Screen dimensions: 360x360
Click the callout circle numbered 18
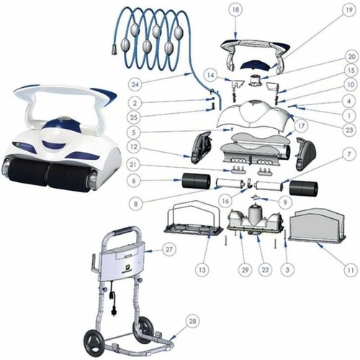click(235, 10)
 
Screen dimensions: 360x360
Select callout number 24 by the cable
click(135, 84)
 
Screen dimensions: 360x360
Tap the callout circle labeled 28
click(192, 321)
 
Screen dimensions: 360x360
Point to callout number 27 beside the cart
click(169, 249)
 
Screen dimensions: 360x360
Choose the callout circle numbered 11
click(351, 270)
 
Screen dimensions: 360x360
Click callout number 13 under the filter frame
click(202, 270)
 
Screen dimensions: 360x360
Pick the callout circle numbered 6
click(135, 181)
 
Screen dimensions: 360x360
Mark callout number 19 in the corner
click(349, 10)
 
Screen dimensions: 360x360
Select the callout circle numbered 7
click(349, 154)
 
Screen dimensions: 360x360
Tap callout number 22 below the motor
click(265, 270)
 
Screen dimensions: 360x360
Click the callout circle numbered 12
click(135, 147)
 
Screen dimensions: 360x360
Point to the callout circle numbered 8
click(136, 204)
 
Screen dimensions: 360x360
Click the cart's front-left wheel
click(93, 340)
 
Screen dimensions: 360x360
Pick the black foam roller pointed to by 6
click(197, 181)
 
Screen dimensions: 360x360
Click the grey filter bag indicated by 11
click(317, 225)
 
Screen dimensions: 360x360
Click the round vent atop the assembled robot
click(64, 118)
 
